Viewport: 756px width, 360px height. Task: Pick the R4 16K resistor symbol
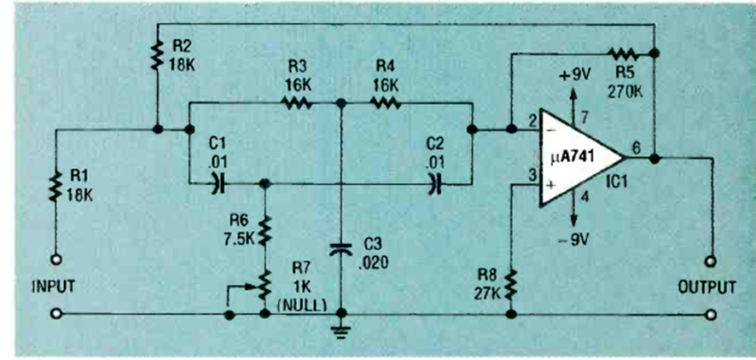click(385, 103)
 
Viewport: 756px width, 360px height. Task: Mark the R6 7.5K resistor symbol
click(264, 229)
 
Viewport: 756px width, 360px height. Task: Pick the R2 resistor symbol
click(158, 55)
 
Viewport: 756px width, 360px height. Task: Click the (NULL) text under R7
click(295, 304)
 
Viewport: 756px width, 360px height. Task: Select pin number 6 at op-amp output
click(637, 148)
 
